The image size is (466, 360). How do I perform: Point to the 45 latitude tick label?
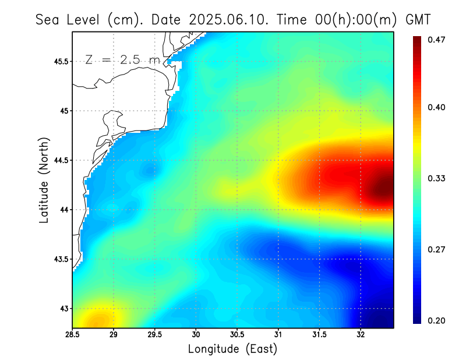[x=64, y=111]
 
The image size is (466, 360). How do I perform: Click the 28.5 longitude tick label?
[x=73, y=334]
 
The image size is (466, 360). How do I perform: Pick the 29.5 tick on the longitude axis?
[x=155, y=334]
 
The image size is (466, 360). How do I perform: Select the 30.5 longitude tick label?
[x=237, y=334]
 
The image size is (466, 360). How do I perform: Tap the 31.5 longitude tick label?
[x=320, y=334]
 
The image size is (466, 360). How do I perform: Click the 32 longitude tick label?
[x=361, y=334]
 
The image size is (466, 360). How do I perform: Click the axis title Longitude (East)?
[x=232, y=349]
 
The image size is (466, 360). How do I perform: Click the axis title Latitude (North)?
[x=44, y=180]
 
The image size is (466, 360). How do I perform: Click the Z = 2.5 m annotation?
[x=122, y=59]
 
